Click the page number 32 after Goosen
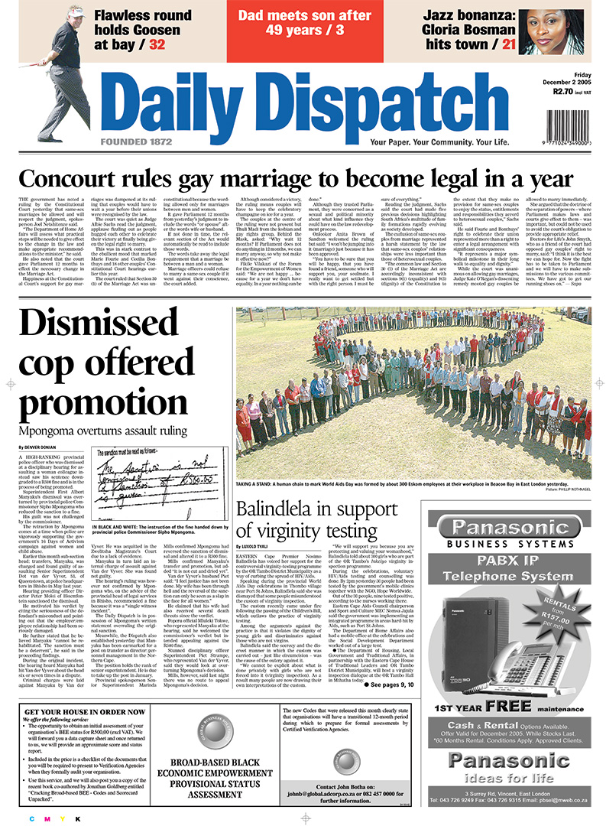[157, 44]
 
